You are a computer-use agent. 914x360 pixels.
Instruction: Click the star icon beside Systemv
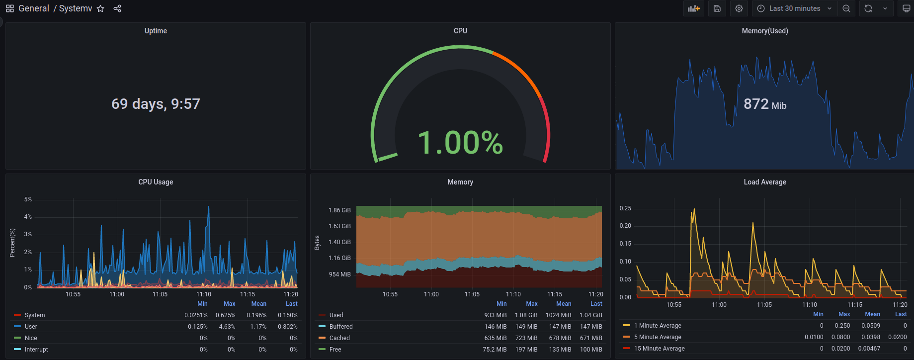coord(100,8)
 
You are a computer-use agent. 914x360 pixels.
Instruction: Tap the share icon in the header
coord(117,8)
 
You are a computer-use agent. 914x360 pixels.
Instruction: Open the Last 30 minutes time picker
coord(794,8)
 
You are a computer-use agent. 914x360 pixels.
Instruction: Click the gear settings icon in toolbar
coord(739,8)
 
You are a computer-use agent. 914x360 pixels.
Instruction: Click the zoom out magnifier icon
coord(846,8)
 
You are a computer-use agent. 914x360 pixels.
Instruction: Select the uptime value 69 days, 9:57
coord(156,103)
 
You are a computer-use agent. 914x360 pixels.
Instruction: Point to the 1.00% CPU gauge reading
coord(460,142)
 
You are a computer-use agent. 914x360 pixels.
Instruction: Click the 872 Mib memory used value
coord(765,104)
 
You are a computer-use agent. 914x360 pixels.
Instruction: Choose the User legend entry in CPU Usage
coord(31,327)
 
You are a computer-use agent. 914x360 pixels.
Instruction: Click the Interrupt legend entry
coord(36,350)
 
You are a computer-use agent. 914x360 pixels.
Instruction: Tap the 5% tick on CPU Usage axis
coord(28,199)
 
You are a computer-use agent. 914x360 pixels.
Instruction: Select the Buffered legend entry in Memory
coord(341,327)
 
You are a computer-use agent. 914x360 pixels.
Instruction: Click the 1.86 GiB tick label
coord(339,210)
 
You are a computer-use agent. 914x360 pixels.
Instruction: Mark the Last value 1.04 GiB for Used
coord(591,315)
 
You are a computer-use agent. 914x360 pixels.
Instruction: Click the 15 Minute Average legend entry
coord(660,349)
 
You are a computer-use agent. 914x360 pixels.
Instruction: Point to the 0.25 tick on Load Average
coord(625,208)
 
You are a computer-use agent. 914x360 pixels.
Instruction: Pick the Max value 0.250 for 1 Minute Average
coord(842,326)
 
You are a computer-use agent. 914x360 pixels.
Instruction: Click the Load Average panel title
coord(765,182)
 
